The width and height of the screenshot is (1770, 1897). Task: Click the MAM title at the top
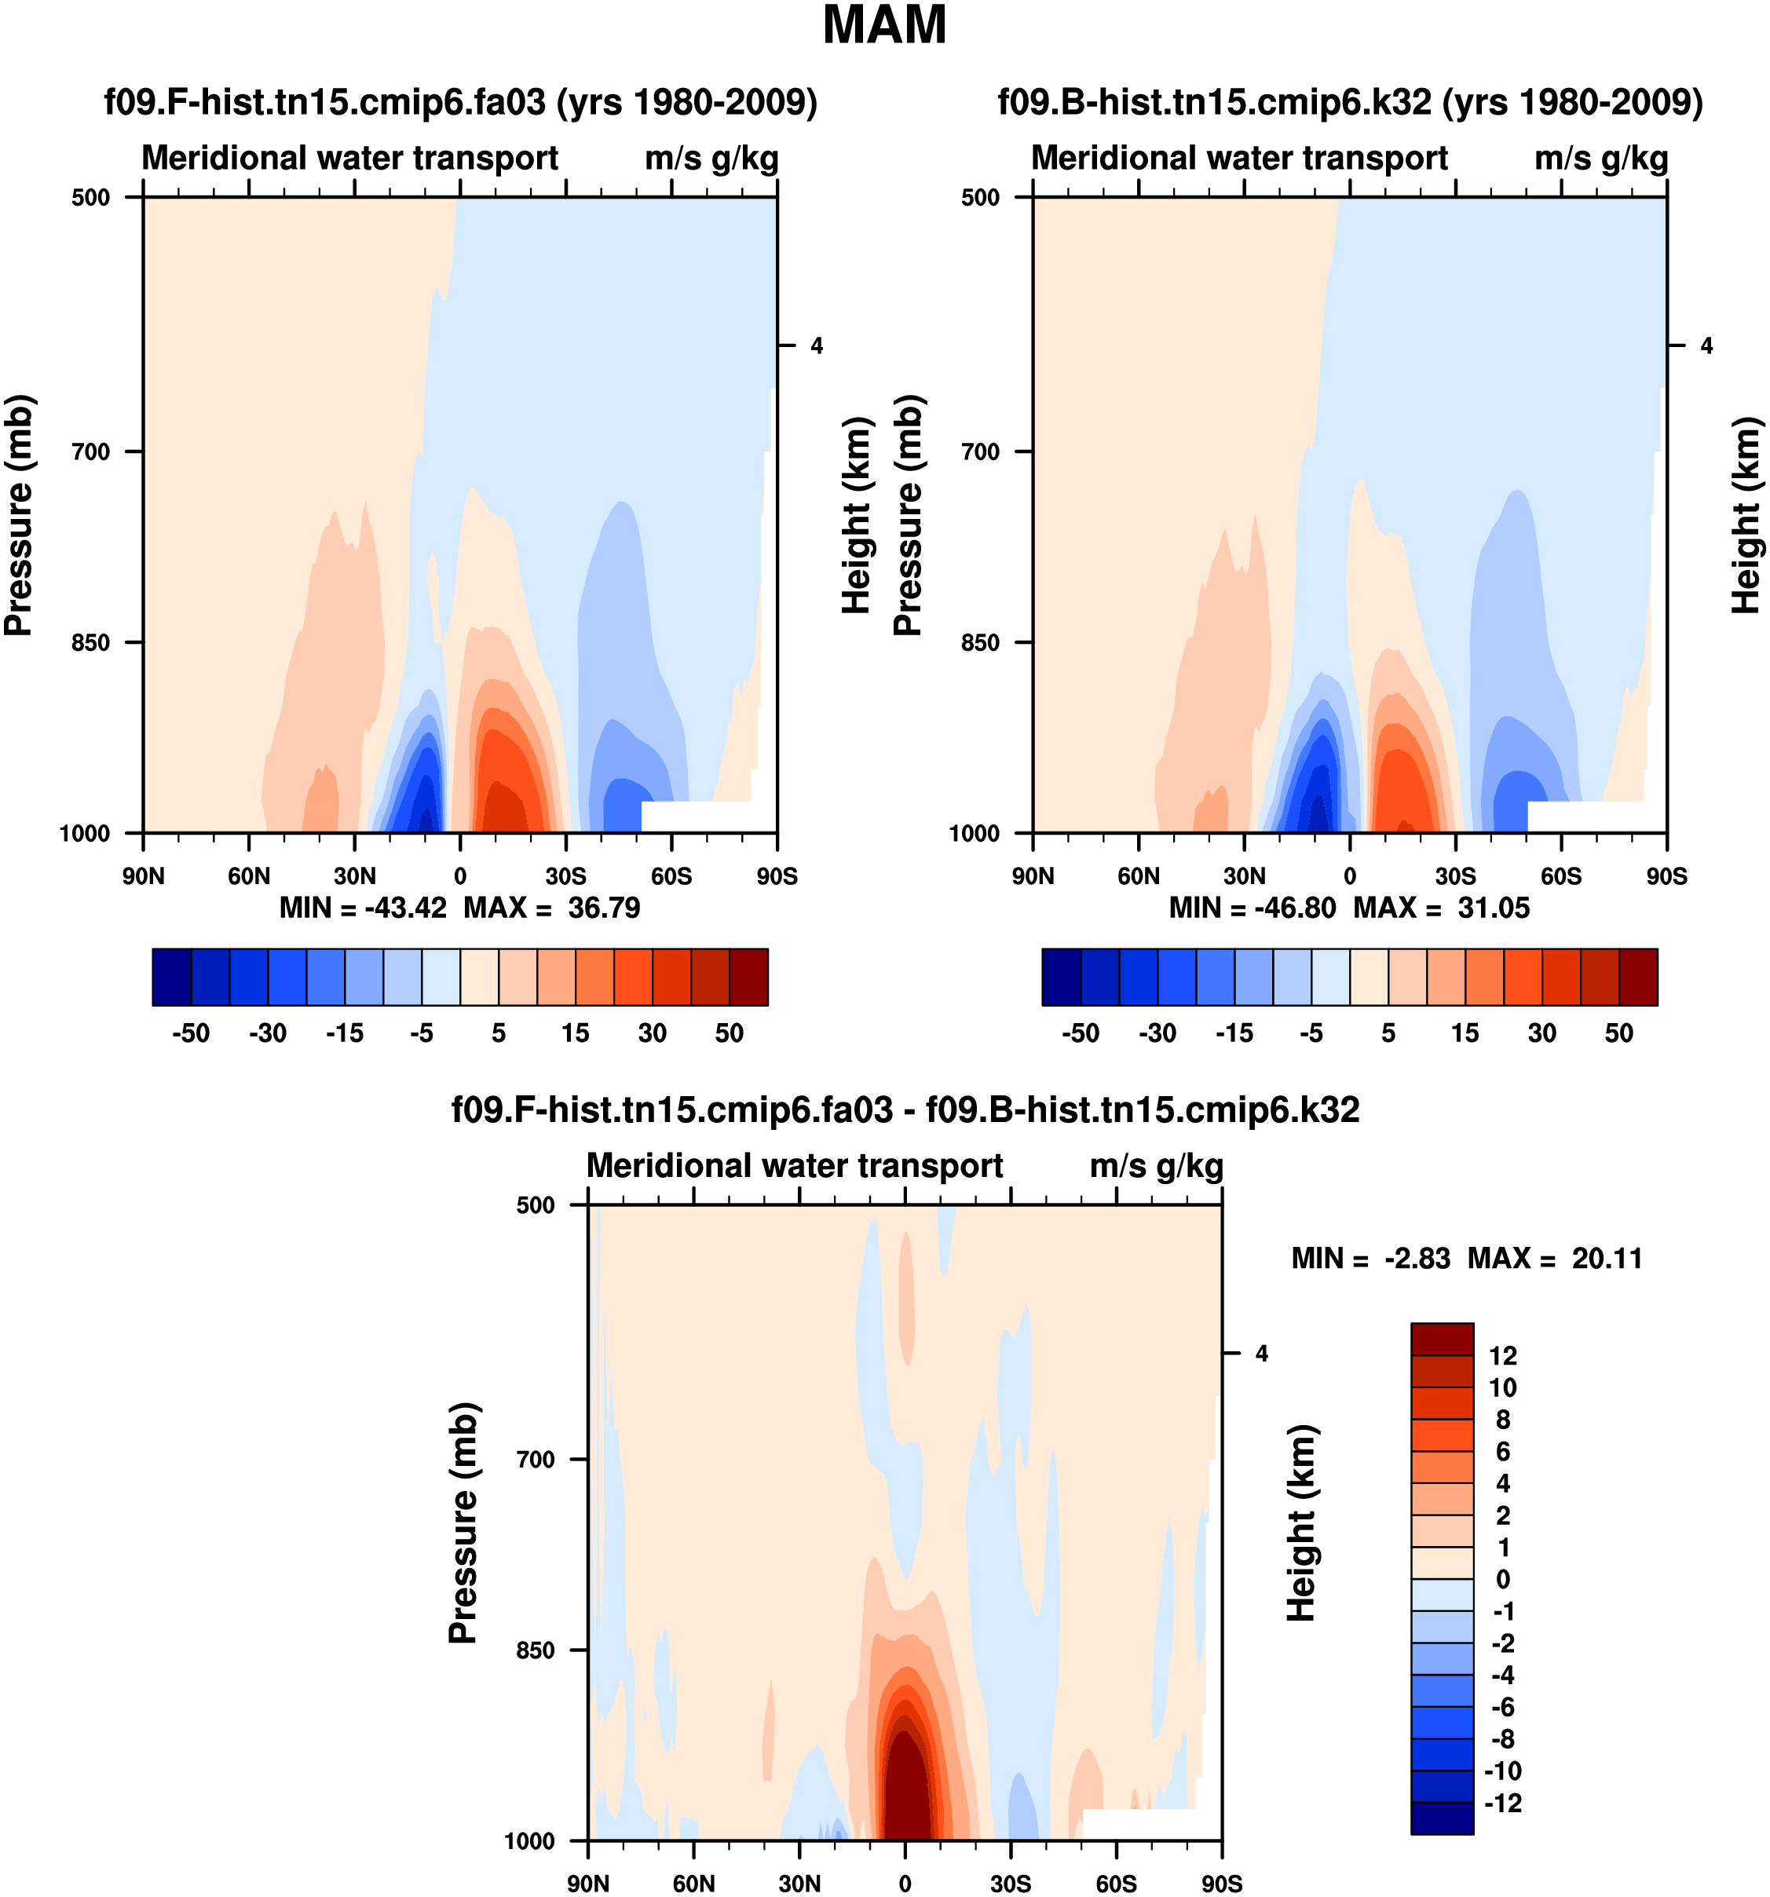pyautogui.click(x=883, y=26)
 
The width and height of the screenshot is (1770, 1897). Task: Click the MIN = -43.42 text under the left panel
pyautogui.click(x=363, y=908)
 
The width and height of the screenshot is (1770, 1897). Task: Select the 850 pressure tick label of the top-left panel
pyautogui.click(x=92, y=642)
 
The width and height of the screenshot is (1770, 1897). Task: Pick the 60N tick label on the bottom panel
pyautogui.click(x=693, y=1884)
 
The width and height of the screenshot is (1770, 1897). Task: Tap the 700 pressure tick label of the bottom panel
pyautogui.click(x=536, y=1459)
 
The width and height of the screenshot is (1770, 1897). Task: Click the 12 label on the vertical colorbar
pyautogui.click(x=1503, y=1356)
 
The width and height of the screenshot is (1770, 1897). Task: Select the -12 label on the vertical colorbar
pyautogui.click(x=1503, y=1804)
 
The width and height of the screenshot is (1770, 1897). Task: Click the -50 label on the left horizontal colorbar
pyautogui.click(x=191, y=1033)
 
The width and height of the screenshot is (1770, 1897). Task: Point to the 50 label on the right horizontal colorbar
pyautogui.click(x=1619, y=1033)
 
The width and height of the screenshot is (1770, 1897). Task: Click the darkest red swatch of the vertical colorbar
pyautogui.click(x=1442, y=1339)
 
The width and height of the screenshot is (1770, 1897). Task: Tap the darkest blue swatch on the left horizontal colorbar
pyautogui.click(x=172, y=977)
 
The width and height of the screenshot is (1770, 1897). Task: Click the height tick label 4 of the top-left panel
pyautogui.click(x=817, y=345)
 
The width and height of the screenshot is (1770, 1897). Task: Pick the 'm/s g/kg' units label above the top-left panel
pyautogui.click(x=711, y=159)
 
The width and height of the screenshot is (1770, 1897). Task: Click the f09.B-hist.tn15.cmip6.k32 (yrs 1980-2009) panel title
pyautogui.click(x=1350, y=102)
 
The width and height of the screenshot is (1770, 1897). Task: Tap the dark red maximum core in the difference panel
pyautogui.click(x=905, y=1794)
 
